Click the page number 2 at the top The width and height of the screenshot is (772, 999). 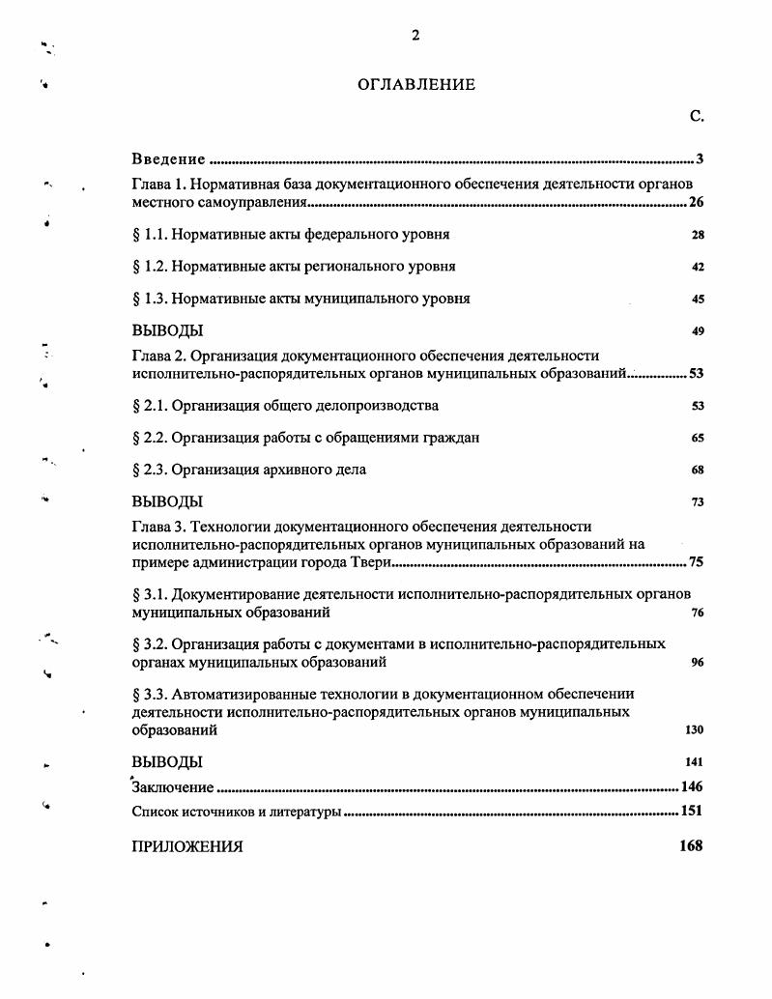415,37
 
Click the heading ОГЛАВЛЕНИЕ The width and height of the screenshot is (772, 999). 416,85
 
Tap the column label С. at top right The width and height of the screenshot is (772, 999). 697,117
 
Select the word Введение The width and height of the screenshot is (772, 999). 169,159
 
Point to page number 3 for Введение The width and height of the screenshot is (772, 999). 699,159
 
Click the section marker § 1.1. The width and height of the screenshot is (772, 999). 155,235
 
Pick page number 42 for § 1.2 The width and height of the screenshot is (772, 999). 698,268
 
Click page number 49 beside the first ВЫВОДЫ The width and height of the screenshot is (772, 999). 698,332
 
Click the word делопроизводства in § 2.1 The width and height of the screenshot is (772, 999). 380,406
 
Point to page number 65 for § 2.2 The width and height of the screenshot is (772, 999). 698,439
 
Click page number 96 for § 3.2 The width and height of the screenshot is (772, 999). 698,664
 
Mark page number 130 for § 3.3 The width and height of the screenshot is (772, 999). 694,730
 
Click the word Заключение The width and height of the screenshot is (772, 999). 173,787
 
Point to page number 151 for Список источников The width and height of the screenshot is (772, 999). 691,812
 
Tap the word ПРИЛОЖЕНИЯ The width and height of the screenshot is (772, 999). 187,847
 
